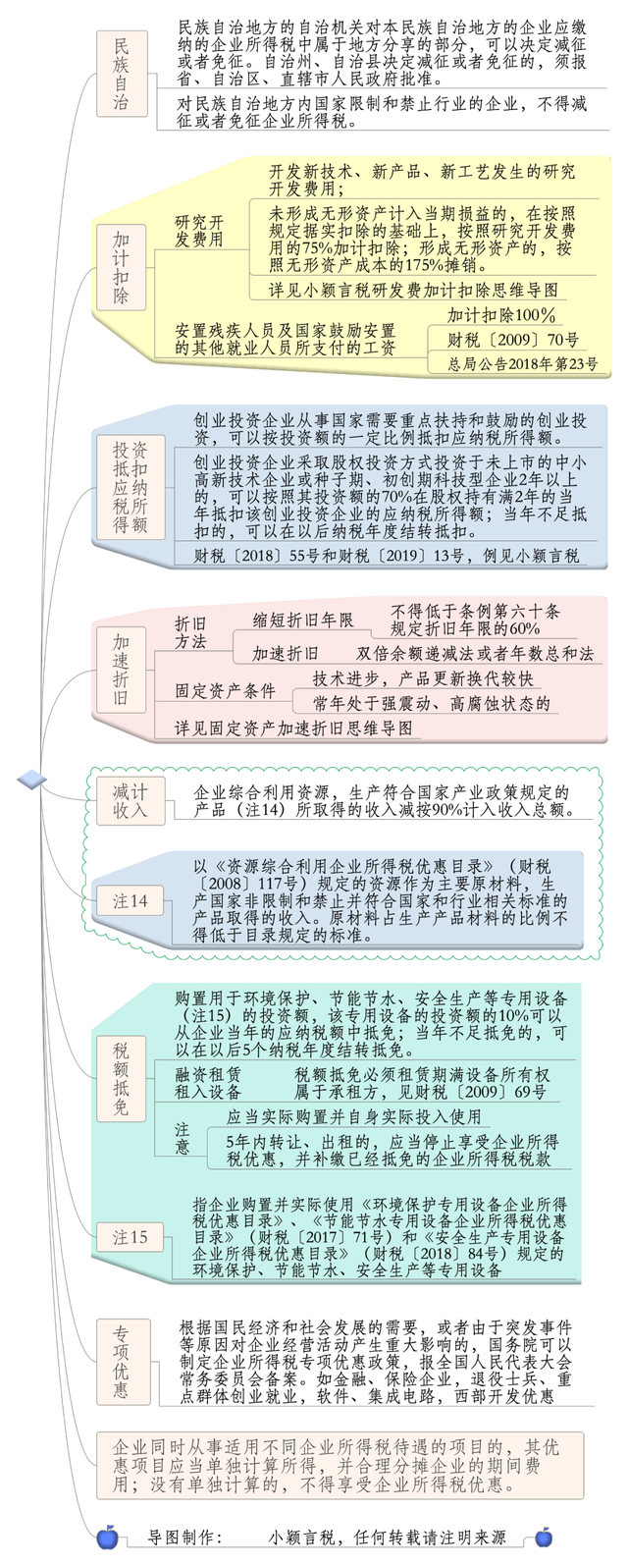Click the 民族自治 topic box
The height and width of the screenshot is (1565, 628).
(x=122, y=74)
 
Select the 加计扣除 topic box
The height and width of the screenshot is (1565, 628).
(x=122, y=268)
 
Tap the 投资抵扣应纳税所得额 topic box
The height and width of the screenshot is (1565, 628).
(x=130, y=487)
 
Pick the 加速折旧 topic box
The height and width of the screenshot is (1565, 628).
(x=122, y=669)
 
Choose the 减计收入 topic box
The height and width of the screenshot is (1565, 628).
(x=131, y=800)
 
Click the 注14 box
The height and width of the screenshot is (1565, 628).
(x=131, y=900)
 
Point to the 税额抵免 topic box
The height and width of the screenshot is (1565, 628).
(x=122, y=1079)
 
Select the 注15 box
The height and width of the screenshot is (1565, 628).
(x=131, y=1237)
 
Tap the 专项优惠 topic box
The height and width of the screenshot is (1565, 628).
(x=123, y=1362)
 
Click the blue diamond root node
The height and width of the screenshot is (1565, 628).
(x=31, y=779)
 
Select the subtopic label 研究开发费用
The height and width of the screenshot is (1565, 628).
(x=199, y=232)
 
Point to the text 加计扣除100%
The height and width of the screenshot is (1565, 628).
(x=501, y=315)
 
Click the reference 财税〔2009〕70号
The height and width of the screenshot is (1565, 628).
(x=513, y=341)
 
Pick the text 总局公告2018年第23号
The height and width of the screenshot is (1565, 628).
(x=523, y=364)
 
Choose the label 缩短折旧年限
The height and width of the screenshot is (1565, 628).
(x=303, y=620)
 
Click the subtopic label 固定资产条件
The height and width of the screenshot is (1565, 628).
(x=225, y=691)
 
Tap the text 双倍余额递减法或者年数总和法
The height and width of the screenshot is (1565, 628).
(x=475, y=653)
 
